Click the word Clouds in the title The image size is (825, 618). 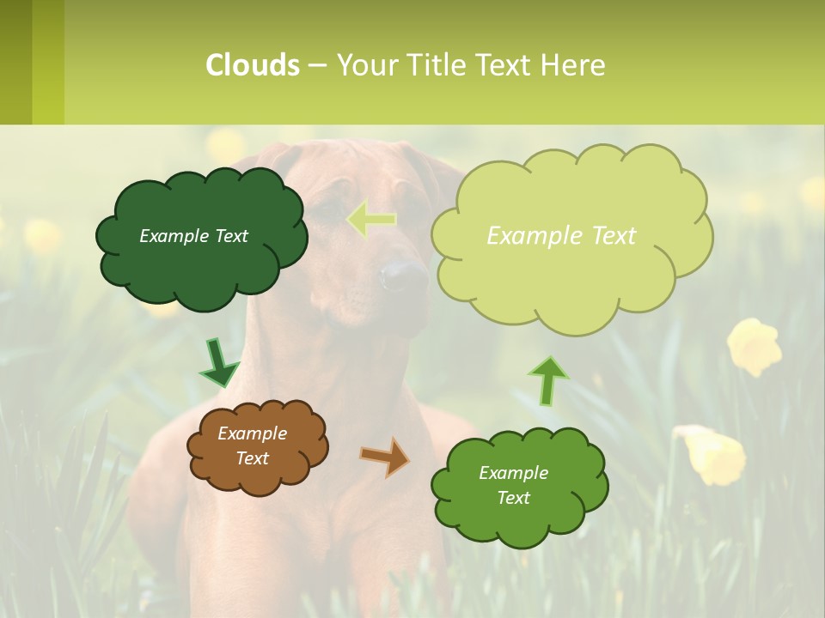pos(253,65)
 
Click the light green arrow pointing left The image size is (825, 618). pos(370,220)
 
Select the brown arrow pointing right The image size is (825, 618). pos(385,456)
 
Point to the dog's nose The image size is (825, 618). pos(403,276)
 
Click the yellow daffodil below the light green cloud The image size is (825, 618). pos(755,346)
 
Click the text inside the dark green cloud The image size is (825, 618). pos(193,236)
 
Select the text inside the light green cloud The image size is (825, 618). pos(561,236)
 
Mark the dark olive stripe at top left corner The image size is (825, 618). pos(15,62)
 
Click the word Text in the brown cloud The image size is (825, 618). pos(252,458)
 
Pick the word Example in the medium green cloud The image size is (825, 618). pos(513,473)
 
